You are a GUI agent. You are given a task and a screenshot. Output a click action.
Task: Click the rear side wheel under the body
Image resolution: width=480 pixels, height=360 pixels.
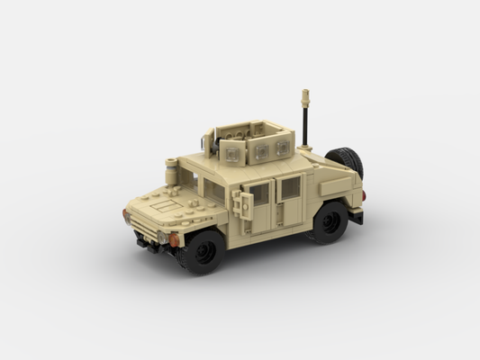(329, 222)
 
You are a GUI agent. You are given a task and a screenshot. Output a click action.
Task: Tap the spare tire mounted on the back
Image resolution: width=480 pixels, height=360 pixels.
(347, 162)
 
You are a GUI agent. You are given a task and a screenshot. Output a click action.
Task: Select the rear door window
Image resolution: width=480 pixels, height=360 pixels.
(290, 187)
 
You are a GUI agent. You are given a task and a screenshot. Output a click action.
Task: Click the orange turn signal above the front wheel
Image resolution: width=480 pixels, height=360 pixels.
(173, 239)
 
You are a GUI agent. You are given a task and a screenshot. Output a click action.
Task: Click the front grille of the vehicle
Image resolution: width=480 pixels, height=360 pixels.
(141, 225)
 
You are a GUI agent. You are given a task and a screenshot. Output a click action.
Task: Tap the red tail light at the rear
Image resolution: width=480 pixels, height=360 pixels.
(363, 193)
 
